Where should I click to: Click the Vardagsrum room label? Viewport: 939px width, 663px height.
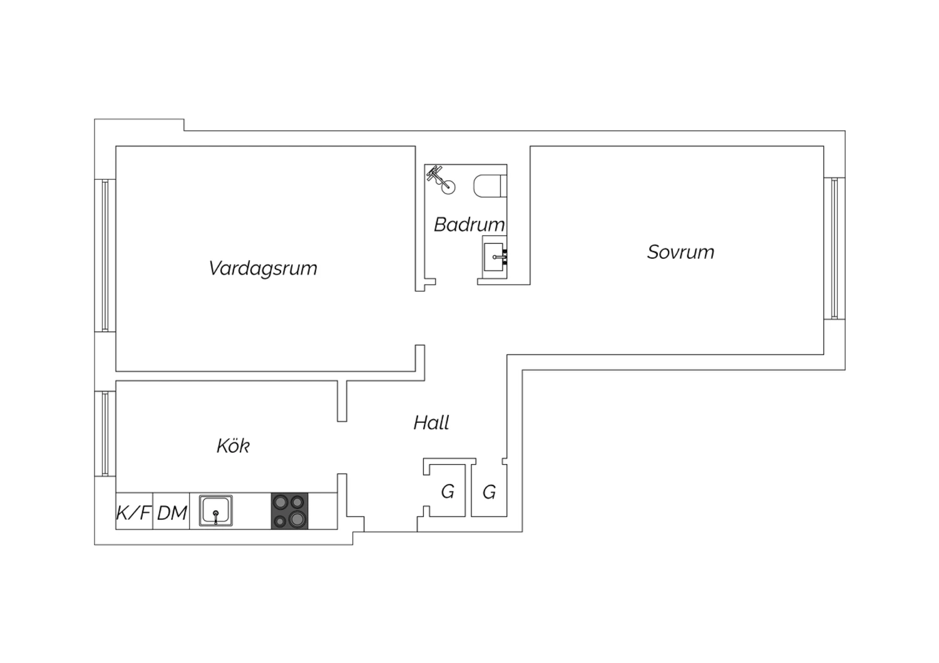tap(263, 268)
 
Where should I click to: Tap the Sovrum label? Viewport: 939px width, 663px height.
tap(680, 252)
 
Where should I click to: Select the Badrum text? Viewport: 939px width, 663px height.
tap(469, 225)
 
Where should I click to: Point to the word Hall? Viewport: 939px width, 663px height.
tap(431, 423)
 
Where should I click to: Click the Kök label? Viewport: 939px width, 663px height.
tap(233, 446)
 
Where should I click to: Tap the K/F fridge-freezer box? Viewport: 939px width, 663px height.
tap(134, 512)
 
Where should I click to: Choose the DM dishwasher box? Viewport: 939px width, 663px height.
tap(172, 512)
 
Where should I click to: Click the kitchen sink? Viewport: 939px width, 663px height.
tap(216, 510)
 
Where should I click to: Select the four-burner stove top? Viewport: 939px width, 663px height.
tap(290, 511)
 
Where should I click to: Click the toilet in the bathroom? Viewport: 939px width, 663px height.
tap(490, 186)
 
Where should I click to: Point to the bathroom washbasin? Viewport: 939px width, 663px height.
tap(495, 255)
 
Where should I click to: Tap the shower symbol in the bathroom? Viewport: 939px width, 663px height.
tap(441, 180)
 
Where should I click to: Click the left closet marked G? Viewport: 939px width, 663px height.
tap(447, 492)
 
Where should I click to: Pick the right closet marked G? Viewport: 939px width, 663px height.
tap(489, 492)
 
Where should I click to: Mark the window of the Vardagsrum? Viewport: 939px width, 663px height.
tap(105, 255)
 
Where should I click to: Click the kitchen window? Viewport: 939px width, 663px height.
tap(105, 433)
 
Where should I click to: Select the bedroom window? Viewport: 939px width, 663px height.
tap(834, 248)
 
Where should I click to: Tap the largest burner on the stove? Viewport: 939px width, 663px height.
tap(297, 519)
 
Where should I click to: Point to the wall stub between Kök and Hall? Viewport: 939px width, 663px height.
tap(342, 400)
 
